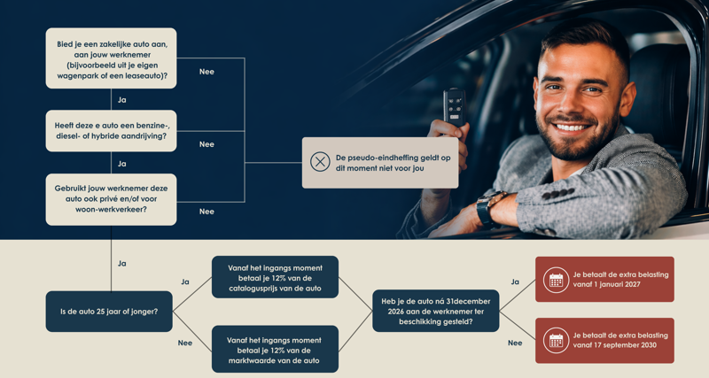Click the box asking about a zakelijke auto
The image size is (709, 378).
(111, 58)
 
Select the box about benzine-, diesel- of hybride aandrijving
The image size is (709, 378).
(111, 131)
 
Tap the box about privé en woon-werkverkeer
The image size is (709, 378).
(111, 199)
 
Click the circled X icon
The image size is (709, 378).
(320, 162)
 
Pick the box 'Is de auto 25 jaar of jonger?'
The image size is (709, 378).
(109, 312)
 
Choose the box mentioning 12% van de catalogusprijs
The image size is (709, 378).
(275, 276)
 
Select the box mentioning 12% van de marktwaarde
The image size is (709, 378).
(275, 348)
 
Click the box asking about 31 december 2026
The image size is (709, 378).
(435, 311)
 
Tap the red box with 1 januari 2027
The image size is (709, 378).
(604, 280)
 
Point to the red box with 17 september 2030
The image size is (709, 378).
(604, 340)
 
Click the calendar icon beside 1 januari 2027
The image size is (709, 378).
(556, 280)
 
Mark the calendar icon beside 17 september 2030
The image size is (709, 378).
(556, 340)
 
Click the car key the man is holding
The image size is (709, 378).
(455, 108)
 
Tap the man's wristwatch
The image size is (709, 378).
(487, 208)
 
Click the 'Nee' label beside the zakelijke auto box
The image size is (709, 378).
(206, 72)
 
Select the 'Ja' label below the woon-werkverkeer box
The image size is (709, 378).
(122, 264)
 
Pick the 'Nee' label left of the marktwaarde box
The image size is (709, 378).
(185, 343)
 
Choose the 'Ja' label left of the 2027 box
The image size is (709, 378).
(515, 282)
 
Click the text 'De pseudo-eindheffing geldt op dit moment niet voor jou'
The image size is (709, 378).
(393, 163)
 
